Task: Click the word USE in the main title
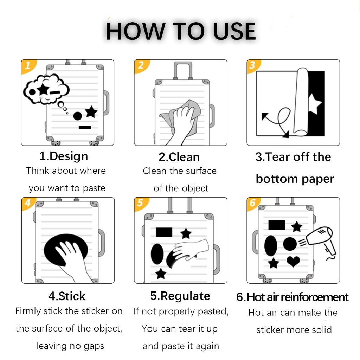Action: [234, 31]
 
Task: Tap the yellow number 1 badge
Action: [28, 66]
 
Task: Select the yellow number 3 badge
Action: [252, 65]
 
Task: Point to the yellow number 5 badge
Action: [141, 203]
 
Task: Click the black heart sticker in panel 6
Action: [294, 261]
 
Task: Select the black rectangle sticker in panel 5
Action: [164, 232]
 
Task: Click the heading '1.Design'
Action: [64, 156]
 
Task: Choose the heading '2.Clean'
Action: [179, 157]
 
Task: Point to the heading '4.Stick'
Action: [67, 296]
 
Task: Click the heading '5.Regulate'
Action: [180, 296]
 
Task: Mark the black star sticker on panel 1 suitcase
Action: [91, 111]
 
